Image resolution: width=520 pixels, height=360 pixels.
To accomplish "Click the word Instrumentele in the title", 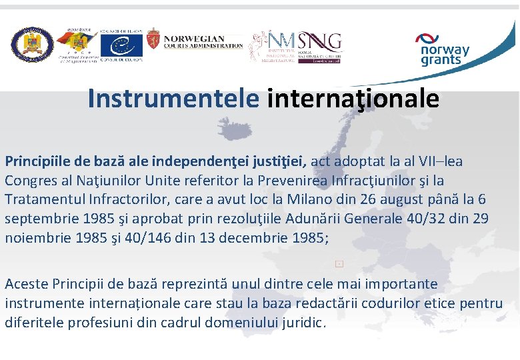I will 173,99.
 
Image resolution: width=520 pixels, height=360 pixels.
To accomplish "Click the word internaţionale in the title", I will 353,99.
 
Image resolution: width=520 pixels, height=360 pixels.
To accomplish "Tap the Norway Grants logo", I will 444,49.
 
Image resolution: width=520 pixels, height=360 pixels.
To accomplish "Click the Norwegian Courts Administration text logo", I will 203,41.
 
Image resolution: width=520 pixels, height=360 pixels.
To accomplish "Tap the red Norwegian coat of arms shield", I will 153,41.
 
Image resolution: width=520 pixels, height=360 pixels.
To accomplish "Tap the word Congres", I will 28,181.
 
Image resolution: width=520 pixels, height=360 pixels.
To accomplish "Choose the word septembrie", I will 39,219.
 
